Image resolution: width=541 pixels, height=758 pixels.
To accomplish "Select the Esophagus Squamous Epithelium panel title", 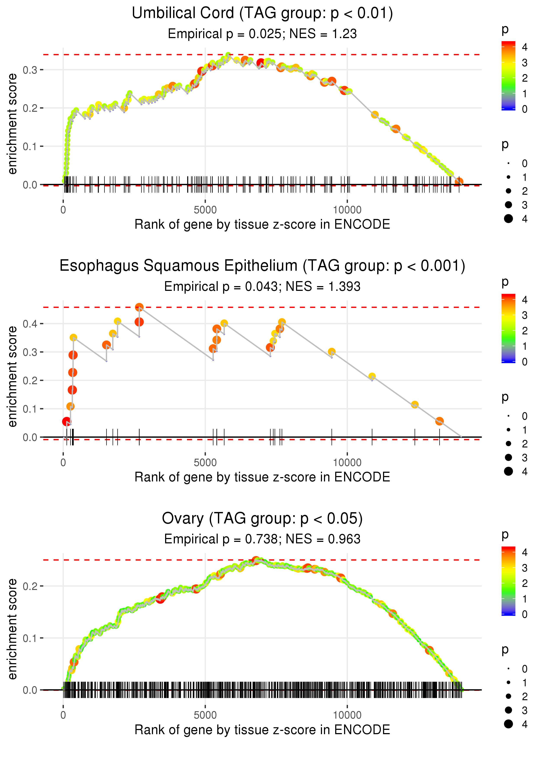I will click(x=262, y=266).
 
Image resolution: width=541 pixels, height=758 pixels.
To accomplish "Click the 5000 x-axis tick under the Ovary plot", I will click(x=205, y=715).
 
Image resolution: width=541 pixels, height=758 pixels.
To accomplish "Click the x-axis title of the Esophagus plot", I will click(x=262, y=477).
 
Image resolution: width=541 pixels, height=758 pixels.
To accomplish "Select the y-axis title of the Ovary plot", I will click(x=12, y=629).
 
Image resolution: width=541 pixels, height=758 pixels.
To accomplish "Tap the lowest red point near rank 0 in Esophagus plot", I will click(x=67, y=421).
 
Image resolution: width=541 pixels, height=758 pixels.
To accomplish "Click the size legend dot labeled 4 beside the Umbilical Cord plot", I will click(x=508, y=219).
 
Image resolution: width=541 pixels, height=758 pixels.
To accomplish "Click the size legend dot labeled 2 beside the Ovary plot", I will click(x=508, y=696).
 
